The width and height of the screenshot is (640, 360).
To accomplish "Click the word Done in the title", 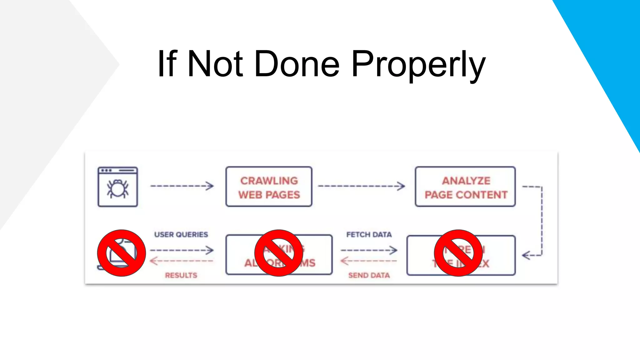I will coord(297,64).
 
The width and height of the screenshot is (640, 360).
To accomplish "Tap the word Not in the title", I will coord(215,64).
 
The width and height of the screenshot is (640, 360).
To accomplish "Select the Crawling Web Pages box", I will coord(269,187).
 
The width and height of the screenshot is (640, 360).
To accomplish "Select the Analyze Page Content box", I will coord(465,187).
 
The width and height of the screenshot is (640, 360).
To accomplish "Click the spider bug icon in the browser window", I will coord(117,189).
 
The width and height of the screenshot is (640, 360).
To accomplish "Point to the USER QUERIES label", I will coord(181,234).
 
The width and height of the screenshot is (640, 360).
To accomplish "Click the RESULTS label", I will coord(181,275).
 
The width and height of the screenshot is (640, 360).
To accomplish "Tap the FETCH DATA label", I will coord(369,234).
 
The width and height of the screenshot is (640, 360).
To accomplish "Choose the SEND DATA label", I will coord(369,275).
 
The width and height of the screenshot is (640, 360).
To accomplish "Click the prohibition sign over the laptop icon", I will coord(121,253).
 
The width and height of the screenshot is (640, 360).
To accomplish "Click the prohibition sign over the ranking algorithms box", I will coord(278,253).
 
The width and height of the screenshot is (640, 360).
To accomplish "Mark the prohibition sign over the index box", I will coord(458,253).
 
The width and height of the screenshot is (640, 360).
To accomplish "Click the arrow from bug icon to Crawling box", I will coord(182,186).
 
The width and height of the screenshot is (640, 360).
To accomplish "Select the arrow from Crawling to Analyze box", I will coord(361,186).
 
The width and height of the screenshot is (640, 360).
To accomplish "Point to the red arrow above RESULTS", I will coord(181,261).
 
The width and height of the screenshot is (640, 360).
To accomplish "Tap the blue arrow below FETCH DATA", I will coord(369,250).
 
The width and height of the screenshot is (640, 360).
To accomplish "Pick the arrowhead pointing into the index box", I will coord(526,255).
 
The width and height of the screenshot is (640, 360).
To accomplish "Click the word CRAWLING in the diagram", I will coord(269,181).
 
